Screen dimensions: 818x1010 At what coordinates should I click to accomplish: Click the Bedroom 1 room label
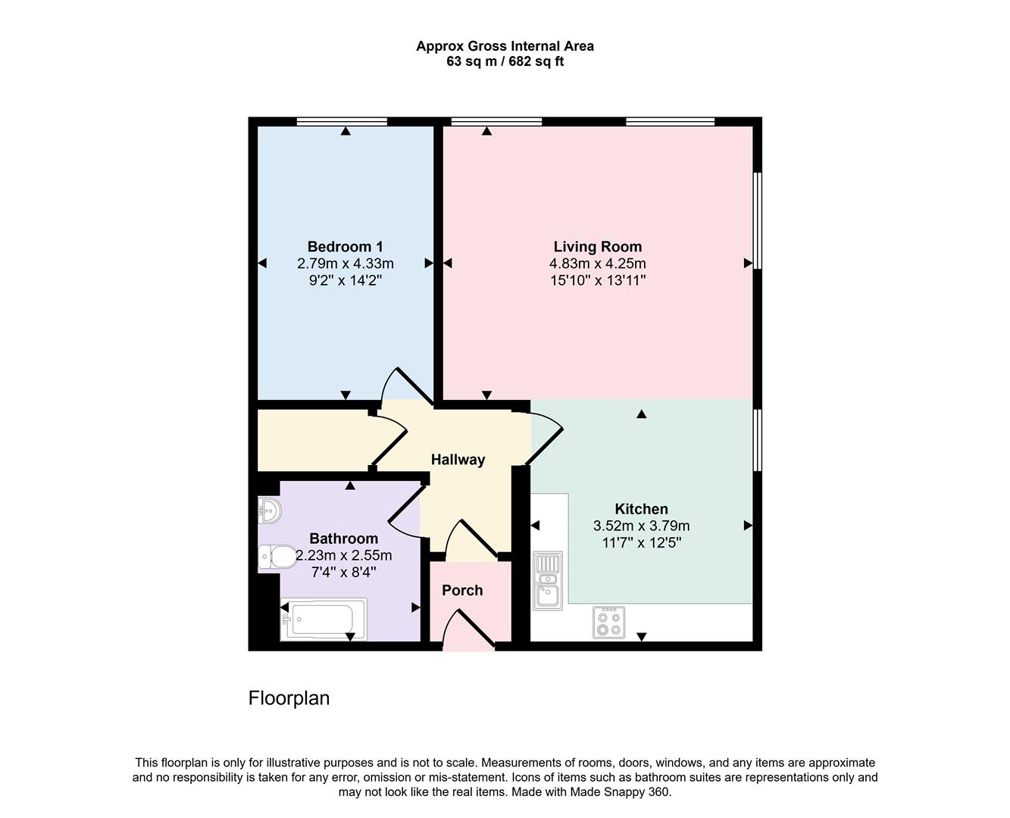click(x=345, y=246)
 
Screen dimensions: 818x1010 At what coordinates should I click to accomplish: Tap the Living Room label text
click(x=597, y=246)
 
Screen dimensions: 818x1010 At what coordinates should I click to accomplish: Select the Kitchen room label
click(x=641, y=509)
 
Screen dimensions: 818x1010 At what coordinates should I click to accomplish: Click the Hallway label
click(x=458, y=459)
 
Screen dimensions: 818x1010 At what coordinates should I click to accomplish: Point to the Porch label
click(x=462, y=590)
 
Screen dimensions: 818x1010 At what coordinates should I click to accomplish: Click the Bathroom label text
click(x=343, y=539)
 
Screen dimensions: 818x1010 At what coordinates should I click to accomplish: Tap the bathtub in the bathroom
click(x=324, y=619)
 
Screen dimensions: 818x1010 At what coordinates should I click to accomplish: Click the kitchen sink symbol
click(x=546, y=581)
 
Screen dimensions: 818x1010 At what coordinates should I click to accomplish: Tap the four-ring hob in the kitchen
click(x=608, y=622)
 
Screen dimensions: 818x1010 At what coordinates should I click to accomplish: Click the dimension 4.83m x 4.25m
click(x=597, y=264)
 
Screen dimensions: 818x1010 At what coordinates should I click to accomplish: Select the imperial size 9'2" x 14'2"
click(x=345, y=280)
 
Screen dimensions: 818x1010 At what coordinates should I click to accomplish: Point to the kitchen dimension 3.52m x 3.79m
click(x=641, y=526)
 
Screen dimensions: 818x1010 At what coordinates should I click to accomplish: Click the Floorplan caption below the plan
click(x=289, y=698)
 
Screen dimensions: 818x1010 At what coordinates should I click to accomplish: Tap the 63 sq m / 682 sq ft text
click(x=505, y=61)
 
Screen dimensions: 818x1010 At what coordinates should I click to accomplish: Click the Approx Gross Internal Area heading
click(x=505, y=46)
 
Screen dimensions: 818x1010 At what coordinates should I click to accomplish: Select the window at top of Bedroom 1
click(x=342, y=121)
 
